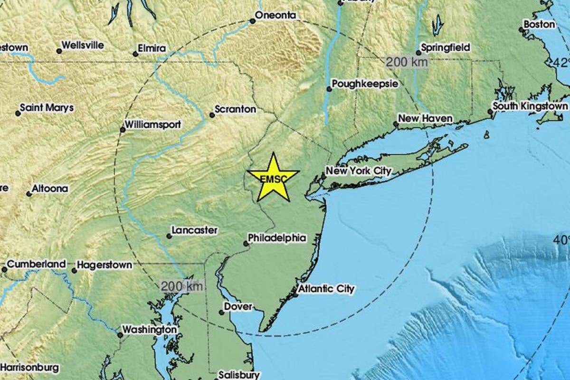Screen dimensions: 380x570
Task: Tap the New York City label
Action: tap(359, 171)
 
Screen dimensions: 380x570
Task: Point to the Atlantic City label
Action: tap(326, 288)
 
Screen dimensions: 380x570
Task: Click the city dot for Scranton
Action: tap(212, 115)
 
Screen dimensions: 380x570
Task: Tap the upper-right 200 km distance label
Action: tap(407, 61)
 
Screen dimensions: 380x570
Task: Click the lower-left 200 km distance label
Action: tap(182, 285)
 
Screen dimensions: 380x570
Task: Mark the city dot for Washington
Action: tap(120, 335)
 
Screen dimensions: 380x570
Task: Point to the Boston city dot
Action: tap(522, 29)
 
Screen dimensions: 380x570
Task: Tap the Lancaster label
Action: tap(194, 230)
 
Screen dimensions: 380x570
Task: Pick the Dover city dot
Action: tap(221, 312)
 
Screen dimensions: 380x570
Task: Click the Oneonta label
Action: tap(275, 16)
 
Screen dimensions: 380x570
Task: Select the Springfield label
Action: tap(445, 47)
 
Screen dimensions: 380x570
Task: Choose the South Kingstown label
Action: tap(530, 106)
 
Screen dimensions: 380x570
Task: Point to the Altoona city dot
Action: tap(29, 194)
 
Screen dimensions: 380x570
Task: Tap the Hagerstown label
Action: tap(104, 265)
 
